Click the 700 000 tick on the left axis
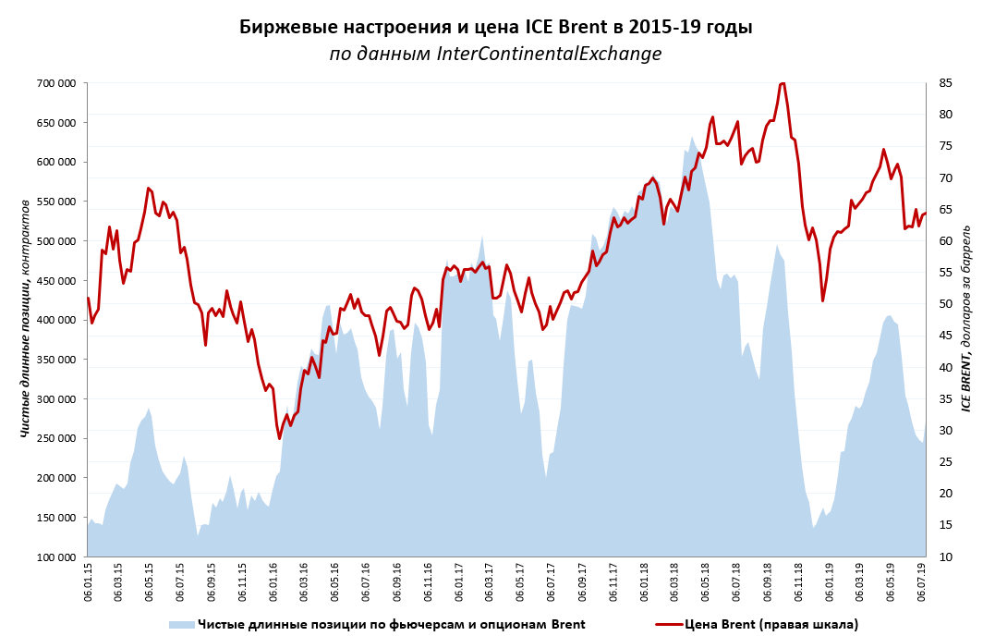pos(55,83)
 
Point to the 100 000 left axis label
pos(55,557)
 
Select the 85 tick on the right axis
pos(944,83)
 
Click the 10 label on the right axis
pos(944,557)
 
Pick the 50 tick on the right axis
pos(944,304)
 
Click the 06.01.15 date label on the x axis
pos(88,582)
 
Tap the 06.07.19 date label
pos(923,582)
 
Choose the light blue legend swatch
pos(181,625)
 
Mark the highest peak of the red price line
pos(783,83)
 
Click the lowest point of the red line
pos(280,438)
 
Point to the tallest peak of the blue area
pos(692,138)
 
